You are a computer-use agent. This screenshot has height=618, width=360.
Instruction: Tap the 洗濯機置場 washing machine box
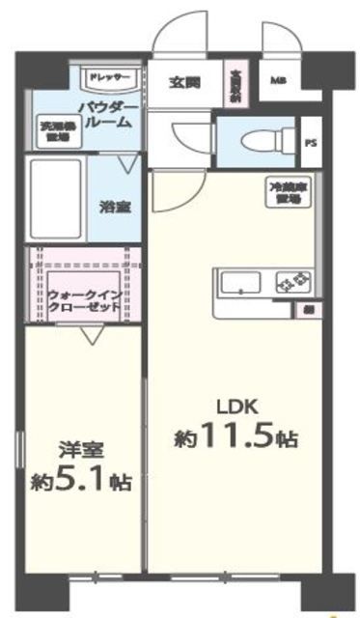[53, 130]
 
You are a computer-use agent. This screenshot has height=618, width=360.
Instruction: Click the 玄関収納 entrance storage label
[235, 84]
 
